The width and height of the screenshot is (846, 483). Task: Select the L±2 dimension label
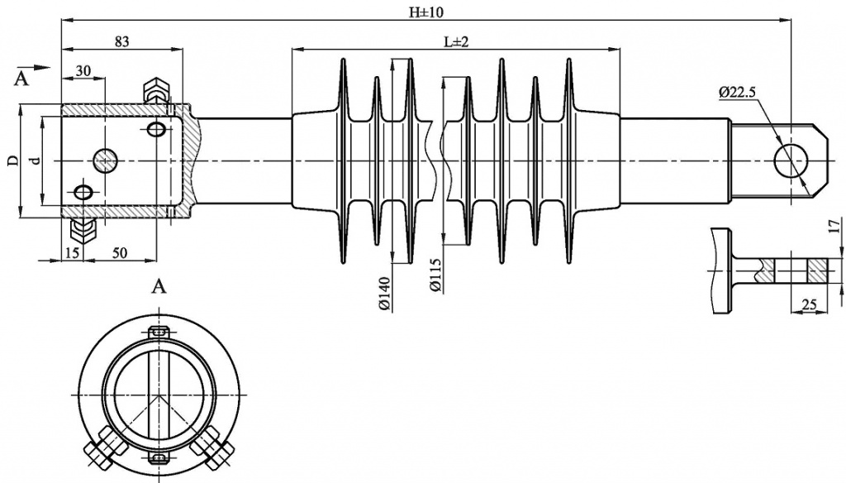pyautogui.click(x=455, y=41)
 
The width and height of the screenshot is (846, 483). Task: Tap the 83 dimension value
pyautogui.click(x=121, y=41)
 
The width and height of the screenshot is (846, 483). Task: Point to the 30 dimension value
pyautogui.click(x=83, y=71)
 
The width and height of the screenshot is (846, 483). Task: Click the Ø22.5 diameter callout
pyautogui.click(x=737, y=93)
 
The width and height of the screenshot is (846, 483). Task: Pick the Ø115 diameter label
pyautogui.click(x=435, y=275)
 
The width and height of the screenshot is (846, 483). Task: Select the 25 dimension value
pyautogui.click(x=809, y=305)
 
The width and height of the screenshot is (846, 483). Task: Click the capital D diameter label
pyautogui.click(x=12, y=160)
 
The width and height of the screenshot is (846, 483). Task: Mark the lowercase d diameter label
pyautogui.click(x=34, y=160)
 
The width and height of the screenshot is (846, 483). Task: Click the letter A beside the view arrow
pyautogui.click(x=21, y=79)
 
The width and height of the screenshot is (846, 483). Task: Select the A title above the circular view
pyautogui.click(x=160, y=287)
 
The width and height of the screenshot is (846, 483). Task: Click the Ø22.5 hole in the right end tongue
pyautogui.click(x=792, y=160)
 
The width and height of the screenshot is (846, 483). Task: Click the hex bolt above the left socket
pyautogui.click(x=156, y=92)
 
